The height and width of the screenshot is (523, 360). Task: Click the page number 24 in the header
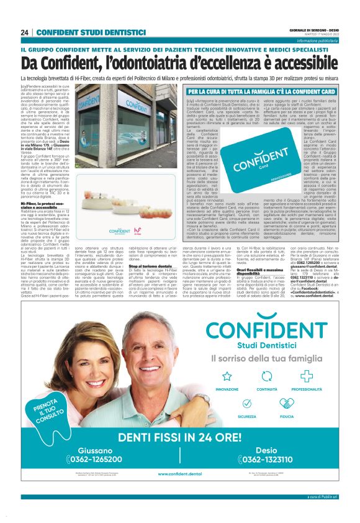tap(25, 32)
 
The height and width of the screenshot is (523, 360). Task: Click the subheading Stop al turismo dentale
tap(150, 266)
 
